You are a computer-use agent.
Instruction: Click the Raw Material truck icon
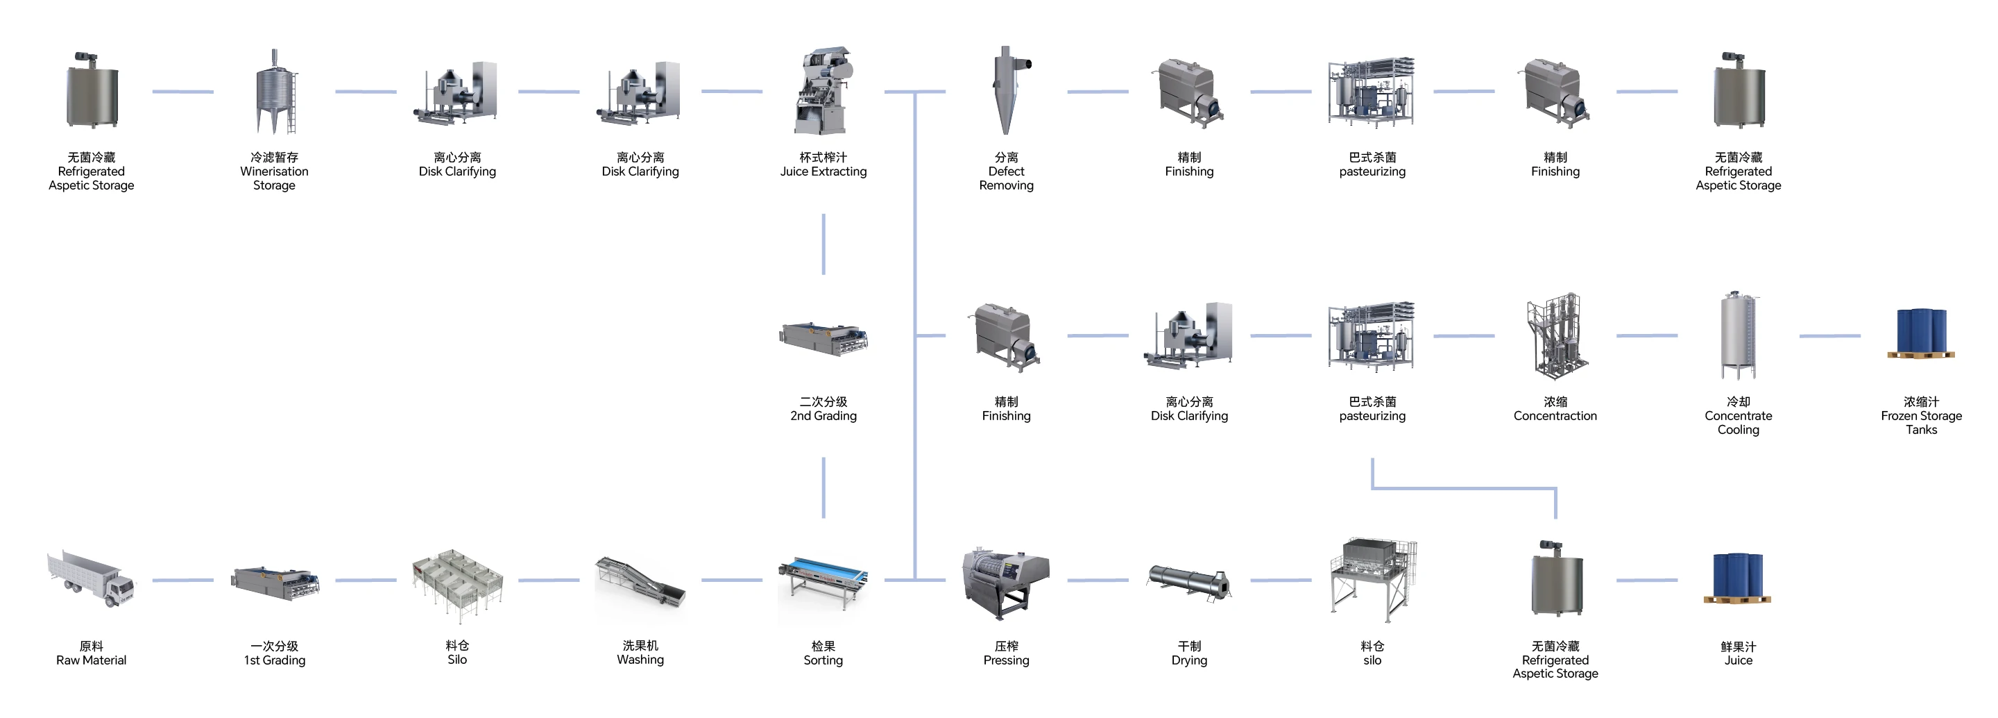tap(91, 579)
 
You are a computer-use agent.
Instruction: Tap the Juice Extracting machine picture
tap(823, 91)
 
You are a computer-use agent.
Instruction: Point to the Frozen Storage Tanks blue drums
tap(1920, 334)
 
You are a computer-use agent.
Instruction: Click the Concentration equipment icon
tap(1555, 335)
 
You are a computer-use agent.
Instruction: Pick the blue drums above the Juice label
tap(1737, 578)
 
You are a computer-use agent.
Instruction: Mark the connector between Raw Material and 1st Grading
tap(182, 580)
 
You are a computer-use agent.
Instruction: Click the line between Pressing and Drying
tap(1098, 580)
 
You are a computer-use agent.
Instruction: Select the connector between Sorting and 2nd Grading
tap(823, 487)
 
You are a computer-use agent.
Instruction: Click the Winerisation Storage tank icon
tap(275, 91)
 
